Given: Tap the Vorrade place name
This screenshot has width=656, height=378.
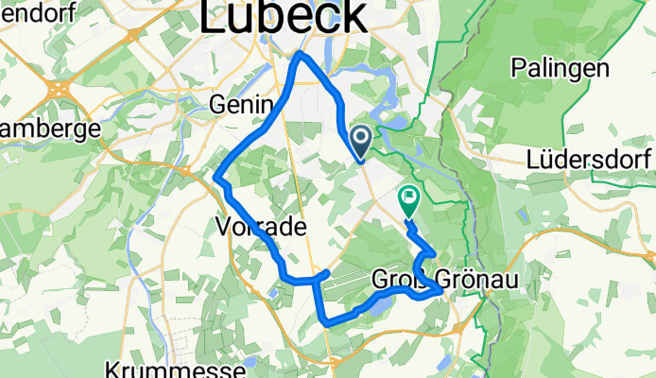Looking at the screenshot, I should [x=261, y=227].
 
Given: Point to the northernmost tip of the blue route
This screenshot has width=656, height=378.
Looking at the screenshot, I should [x=301, y=54].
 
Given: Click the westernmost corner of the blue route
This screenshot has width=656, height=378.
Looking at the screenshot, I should [x=218, y=177].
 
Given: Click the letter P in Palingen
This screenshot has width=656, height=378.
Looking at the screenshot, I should [x=519, y=68].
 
